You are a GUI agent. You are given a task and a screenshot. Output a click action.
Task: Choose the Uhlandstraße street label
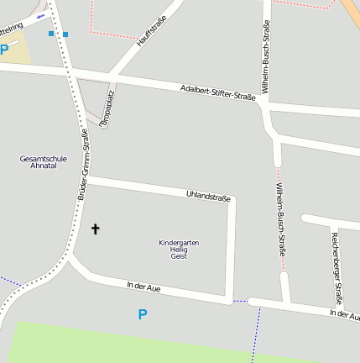208,196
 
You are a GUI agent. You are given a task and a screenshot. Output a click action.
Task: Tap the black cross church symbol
95,229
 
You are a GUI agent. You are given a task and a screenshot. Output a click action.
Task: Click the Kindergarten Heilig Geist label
179,249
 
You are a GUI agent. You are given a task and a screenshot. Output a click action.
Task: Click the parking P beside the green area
142,315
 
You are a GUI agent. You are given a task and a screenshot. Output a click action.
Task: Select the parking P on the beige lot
4,50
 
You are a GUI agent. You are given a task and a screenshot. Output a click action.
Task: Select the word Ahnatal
43,166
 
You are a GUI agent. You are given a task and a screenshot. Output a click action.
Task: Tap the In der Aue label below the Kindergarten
143,287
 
